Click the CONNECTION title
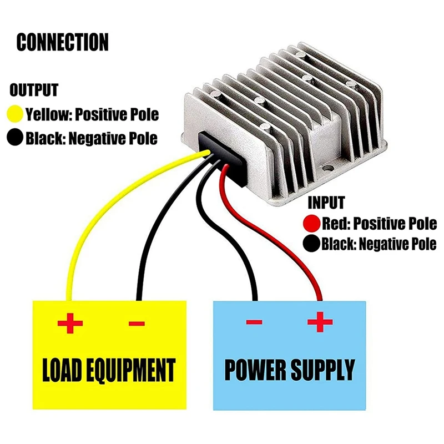pyautogui.click(x=62, y=43)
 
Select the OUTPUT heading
pyautogui.click(x=34, y=90)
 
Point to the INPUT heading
pyautogui.click(x=326, y=203)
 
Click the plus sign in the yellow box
pyautogui.click(x=70, y=322)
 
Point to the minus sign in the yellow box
pyautogui.click(x=137, y=323)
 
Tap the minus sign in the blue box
pyautogui.click(x=254, y=322)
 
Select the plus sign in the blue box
pyautogui.click(x=320, y=322)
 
